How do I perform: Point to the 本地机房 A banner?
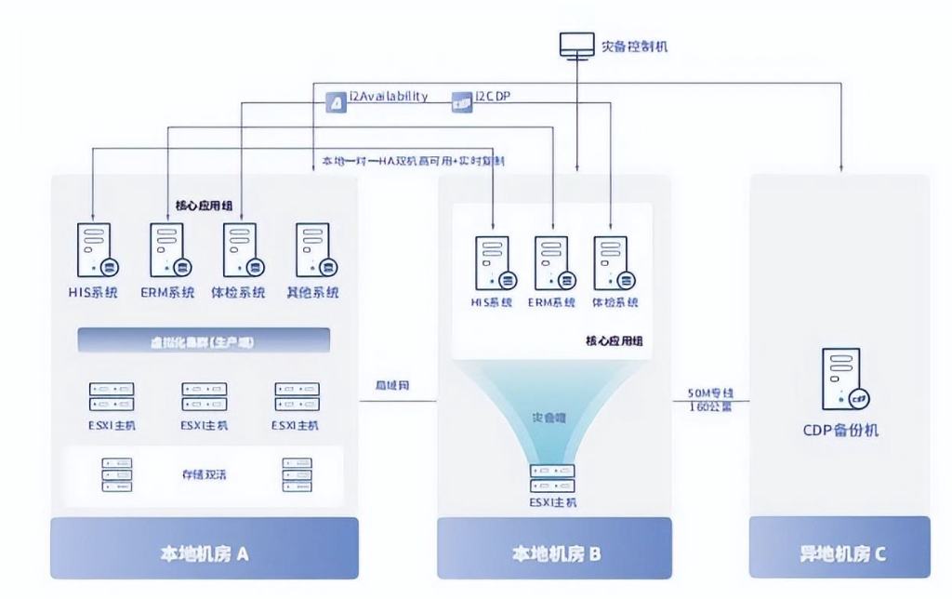[204, 553]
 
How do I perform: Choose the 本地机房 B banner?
[554, 553]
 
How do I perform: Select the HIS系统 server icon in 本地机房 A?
[95, 251]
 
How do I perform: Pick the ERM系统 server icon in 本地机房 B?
[550, 262]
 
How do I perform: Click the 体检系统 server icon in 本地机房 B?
[613, 262]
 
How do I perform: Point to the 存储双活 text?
[204, 474]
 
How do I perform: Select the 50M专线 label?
[710, 393]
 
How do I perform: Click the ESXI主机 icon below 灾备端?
[552, 477]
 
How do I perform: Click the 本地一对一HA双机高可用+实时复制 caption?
[414, 161]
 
